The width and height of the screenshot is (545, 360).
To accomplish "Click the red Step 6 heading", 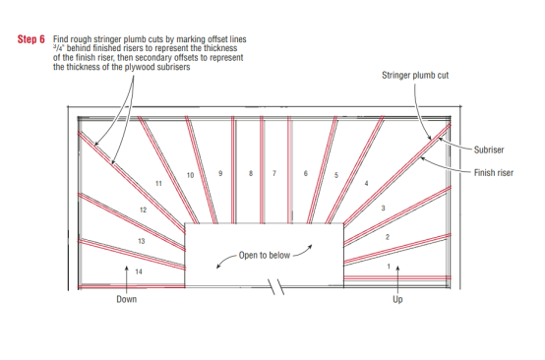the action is coord(31,39).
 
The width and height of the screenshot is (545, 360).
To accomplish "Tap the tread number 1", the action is coord(389,267).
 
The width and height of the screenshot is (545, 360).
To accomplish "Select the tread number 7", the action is coord(274,173).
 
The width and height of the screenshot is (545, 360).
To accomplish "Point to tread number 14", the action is coord(139,271).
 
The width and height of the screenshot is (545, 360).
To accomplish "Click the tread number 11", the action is coord(158,184).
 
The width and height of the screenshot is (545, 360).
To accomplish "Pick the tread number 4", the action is coord(366,183).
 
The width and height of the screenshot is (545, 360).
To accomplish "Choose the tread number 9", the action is coord(220,173).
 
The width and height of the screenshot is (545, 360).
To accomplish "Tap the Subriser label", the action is coord(489,150).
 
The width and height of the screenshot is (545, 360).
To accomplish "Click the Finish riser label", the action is coord(494,173).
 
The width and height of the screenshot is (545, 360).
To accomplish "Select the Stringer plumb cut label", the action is coord(415,75).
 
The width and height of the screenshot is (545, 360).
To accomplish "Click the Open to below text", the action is coord(265,256).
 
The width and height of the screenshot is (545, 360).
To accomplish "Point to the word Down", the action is coord(127,299).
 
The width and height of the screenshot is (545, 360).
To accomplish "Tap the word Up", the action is coord(397,300).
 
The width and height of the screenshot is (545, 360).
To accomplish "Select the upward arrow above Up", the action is coord(397,280).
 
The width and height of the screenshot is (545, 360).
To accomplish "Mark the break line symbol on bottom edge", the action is coord(275,287).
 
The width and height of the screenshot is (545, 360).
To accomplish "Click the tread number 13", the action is coord(141,241).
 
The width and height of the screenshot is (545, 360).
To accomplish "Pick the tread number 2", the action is coord(388,237).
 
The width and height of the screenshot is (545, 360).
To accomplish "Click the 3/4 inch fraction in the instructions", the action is coord(58,47).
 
